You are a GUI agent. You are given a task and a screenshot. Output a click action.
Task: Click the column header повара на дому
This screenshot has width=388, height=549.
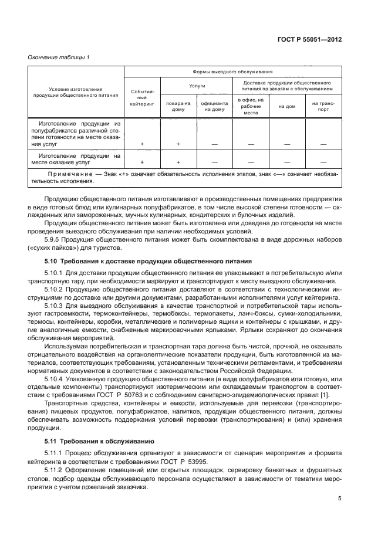click(178, 106)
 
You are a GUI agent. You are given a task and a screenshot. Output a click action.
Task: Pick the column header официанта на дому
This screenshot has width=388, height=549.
click(214, 106)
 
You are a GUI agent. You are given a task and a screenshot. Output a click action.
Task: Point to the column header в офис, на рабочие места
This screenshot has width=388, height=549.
click(251, 106)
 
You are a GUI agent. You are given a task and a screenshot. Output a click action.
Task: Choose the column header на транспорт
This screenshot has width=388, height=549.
click(323, 106)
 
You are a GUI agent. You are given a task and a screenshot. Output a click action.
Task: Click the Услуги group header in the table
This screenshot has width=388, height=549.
click(197, 86)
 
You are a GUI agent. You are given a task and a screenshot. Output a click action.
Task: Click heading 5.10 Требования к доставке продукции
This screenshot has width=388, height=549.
click(148, 260)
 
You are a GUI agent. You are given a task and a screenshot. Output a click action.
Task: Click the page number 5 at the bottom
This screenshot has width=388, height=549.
click(340, 499)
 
